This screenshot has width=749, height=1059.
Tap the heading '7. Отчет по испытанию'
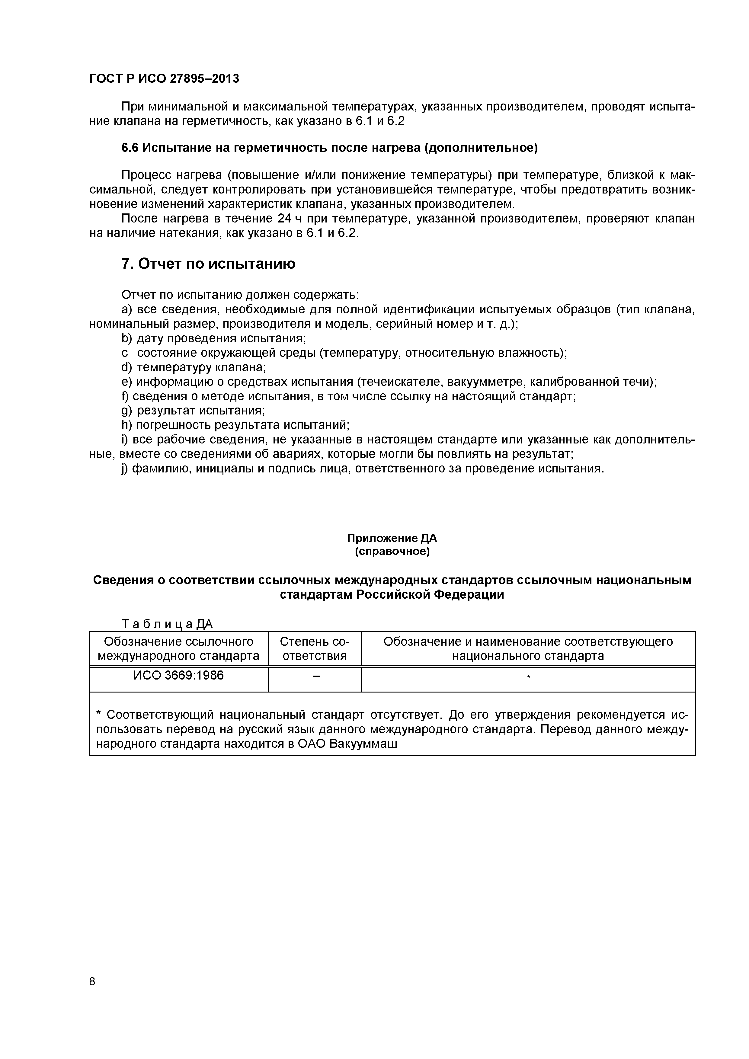point(208,264)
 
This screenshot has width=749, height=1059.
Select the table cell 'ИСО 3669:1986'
point(178,675)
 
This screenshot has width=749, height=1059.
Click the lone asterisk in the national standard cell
point(529,677)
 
